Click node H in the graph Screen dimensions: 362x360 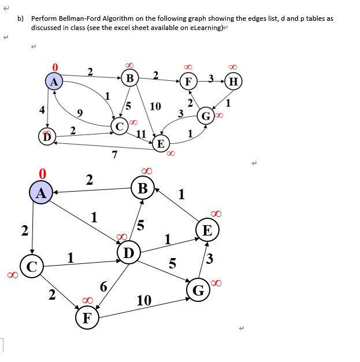point(232,81)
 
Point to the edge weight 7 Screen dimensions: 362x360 point(114,154)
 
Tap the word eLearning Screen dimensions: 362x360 point(205,28)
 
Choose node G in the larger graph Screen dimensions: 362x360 point(197,290)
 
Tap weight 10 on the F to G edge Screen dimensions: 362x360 point(144,300)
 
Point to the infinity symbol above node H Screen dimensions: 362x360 point(232,67)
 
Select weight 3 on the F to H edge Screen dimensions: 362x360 point(211,77)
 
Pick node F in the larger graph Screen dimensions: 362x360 point(87,318)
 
